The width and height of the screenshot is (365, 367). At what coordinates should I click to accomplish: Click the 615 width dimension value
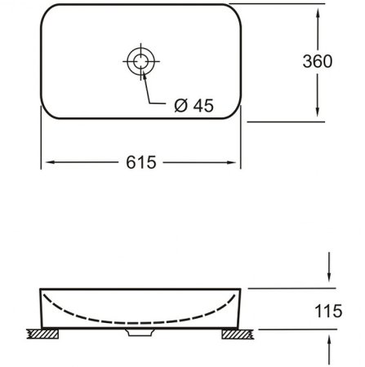(x=140, y=163)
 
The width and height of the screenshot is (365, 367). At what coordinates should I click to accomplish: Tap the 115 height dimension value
(x=328, y=310)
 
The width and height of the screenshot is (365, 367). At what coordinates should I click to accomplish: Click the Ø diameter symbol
(x=181, y=105)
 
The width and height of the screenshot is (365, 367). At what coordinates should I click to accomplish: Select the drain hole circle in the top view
(x=140, y=60)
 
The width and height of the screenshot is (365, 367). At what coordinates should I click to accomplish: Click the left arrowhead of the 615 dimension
(x=45, y=163)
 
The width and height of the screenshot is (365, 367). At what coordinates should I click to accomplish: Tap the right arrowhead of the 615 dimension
(x=235, y=163)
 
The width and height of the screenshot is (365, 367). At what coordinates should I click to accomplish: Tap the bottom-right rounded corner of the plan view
(x=234, y=113)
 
